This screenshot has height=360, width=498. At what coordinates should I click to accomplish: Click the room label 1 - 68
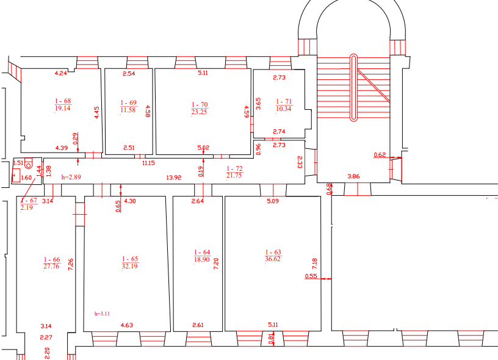tap(63, 101)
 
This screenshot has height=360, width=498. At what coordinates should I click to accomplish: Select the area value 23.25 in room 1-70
tap(199, 112)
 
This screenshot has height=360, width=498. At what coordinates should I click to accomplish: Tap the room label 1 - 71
tap(284, 101)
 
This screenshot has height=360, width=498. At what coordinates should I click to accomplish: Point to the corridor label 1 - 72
tap(234, 168)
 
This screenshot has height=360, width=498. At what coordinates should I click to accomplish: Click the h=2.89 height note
tap(71, 177)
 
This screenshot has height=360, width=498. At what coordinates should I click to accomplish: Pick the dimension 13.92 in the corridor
tap(174, 178)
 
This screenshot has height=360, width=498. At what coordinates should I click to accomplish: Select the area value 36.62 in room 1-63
tap(273, 259)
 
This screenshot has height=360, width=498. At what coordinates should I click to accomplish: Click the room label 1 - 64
tap(202, 252)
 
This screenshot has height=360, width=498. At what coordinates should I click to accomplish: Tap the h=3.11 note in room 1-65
tap(102, 314)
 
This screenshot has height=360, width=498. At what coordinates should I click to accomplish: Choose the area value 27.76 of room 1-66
tap(51, 266)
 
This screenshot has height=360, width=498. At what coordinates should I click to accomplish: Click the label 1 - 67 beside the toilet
tap(29, 201)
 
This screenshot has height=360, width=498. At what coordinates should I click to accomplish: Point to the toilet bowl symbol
tap(28, 165)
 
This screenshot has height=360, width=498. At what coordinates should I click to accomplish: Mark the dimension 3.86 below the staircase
tap(353, 176)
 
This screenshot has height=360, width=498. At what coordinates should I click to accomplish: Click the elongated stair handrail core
tap(353, 88)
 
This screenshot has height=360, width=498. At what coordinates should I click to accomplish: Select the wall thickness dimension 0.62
tap(380, 155)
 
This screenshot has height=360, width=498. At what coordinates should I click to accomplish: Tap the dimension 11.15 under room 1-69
tap(148, 163)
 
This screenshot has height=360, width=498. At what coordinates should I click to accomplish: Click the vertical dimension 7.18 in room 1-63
tap(315, 264)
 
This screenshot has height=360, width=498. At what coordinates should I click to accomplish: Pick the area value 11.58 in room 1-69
tap(128, 110)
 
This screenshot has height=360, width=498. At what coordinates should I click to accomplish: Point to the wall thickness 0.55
tap(311, 276)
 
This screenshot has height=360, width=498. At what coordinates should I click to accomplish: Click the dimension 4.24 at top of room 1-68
tap(60, 73)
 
